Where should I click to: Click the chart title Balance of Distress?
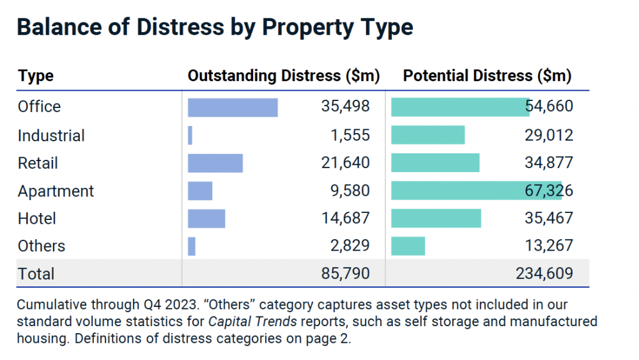[215, 27]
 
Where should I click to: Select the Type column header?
[36, 76]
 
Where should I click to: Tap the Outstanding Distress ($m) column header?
[284, 76]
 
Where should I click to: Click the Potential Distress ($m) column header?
[487, 76]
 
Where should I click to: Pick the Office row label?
[39, 106]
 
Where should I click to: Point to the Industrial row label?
[51, 136]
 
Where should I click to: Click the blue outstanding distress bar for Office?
[233, 107]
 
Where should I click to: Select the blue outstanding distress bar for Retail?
[215, 163]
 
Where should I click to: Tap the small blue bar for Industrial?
[190, 136]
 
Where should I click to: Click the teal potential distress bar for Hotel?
[436, 218]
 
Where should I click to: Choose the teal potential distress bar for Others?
[408, 246]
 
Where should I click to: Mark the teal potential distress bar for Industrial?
[427, 136]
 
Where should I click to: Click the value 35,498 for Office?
[345, 106]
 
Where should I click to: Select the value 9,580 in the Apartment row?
[351, 191]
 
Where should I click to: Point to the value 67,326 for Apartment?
[549, 191]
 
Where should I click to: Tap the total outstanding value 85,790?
[345, 274]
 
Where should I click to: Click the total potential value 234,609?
[544, 274]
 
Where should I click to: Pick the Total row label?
[36, 274]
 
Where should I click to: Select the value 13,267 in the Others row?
[549, 246]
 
